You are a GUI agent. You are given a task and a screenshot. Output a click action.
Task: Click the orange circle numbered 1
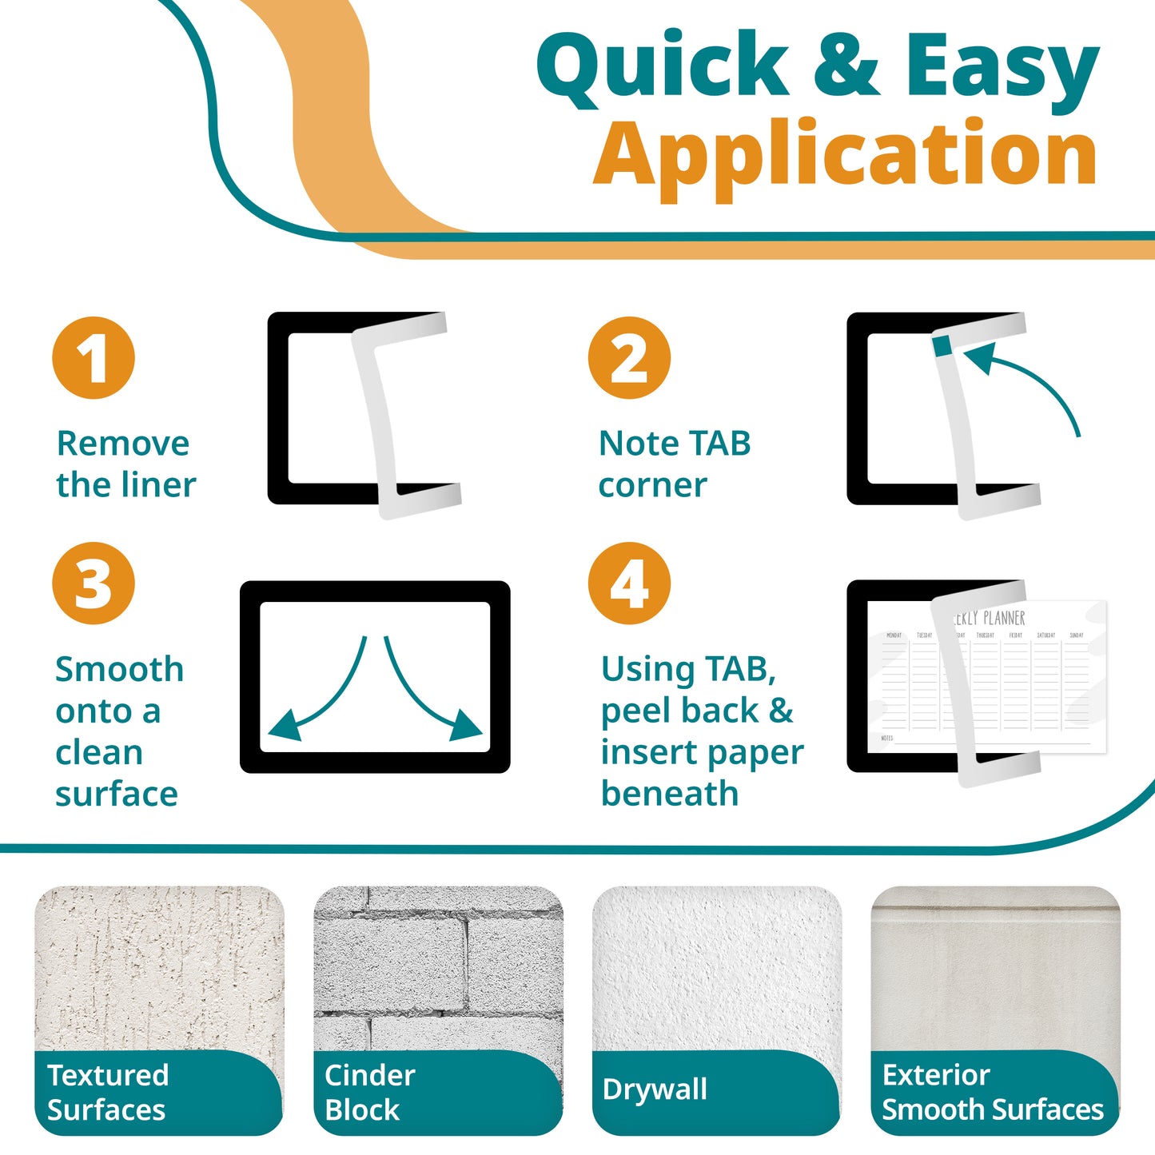click(x=94, y=358)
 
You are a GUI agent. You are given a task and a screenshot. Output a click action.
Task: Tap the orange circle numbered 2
click(x=629, y=358)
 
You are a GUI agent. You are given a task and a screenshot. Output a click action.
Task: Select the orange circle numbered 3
click(x=94, y=583)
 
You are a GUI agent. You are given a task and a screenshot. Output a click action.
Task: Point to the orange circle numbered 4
click(x=629, y=583)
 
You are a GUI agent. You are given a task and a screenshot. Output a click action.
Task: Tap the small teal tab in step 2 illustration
click(x=942, y=345)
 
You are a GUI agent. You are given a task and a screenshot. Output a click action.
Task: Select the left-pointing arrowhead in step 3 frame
click(x=284, y=727)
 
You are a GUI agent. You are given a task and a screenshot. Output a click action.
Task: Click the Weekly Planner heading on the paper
click(x=991, y=618)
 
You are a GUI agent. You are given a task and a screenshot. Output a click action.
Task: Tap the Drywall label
click(x=655, y=1089)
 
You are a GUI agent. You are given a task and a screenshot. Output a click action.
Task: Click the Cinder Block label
click(x=369, y=1092)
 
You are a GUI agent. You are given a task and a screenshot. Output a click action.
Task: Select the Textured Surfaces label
click(x=107, y=1092)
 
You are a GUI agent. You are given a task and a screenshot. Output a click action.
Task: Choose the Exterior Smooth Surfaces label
click(x=992, y=1092)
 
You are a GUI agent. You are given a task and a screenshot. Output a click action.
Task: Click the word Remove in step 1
click(x=123, y=444)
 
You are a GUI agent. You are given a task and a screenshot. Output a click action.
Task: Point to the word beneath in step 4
click(x=670, y=794)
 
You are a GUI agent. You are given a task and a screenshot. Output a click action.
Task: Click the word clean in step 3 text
click(x=99, y=752)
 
